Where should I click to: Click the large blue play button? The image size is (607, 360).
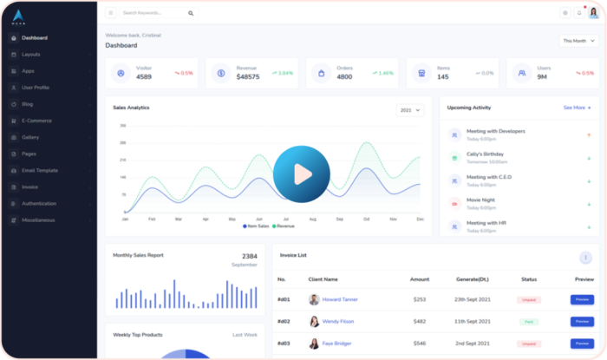(x=301, y=174)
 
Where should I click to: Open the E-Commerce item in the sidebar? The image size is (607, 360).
(x=37, y=121)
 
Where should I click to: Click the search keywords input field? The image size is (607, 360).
(x=153, y=13)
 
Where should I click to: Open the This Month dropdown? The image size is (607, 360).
(x=578, y=40)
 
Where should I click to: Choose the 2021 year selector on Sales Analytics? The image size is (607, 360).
(x=409, y=110)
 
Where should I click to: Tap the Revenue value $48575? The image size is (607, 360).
(x=247, y=76)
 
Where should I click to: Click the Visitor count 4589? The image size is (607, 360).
(x=145, y=76)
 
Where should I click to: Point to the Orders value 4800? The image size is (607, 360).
(x=344, y=76)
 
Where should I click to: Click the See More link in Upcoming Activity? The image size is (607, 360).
(x=577, y=108)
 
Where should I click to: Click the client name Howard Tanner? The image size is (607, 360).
(x=340, y=299)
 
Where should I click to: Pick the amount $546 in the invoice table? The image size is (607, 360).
(x=420, y=343)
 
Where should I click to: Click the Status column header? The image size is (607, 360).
(x=529, y=279)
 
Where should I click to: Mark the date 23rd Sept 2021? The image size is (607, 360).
(x=473, y=299)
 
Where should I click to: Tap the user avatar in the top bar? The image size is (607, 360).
(x=593, y=13)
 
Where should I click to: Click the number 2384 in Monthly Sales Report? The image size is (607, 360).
(x=249, y=256)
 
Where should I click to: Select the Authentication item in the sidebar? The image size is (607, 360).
(x=39, y=203)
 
